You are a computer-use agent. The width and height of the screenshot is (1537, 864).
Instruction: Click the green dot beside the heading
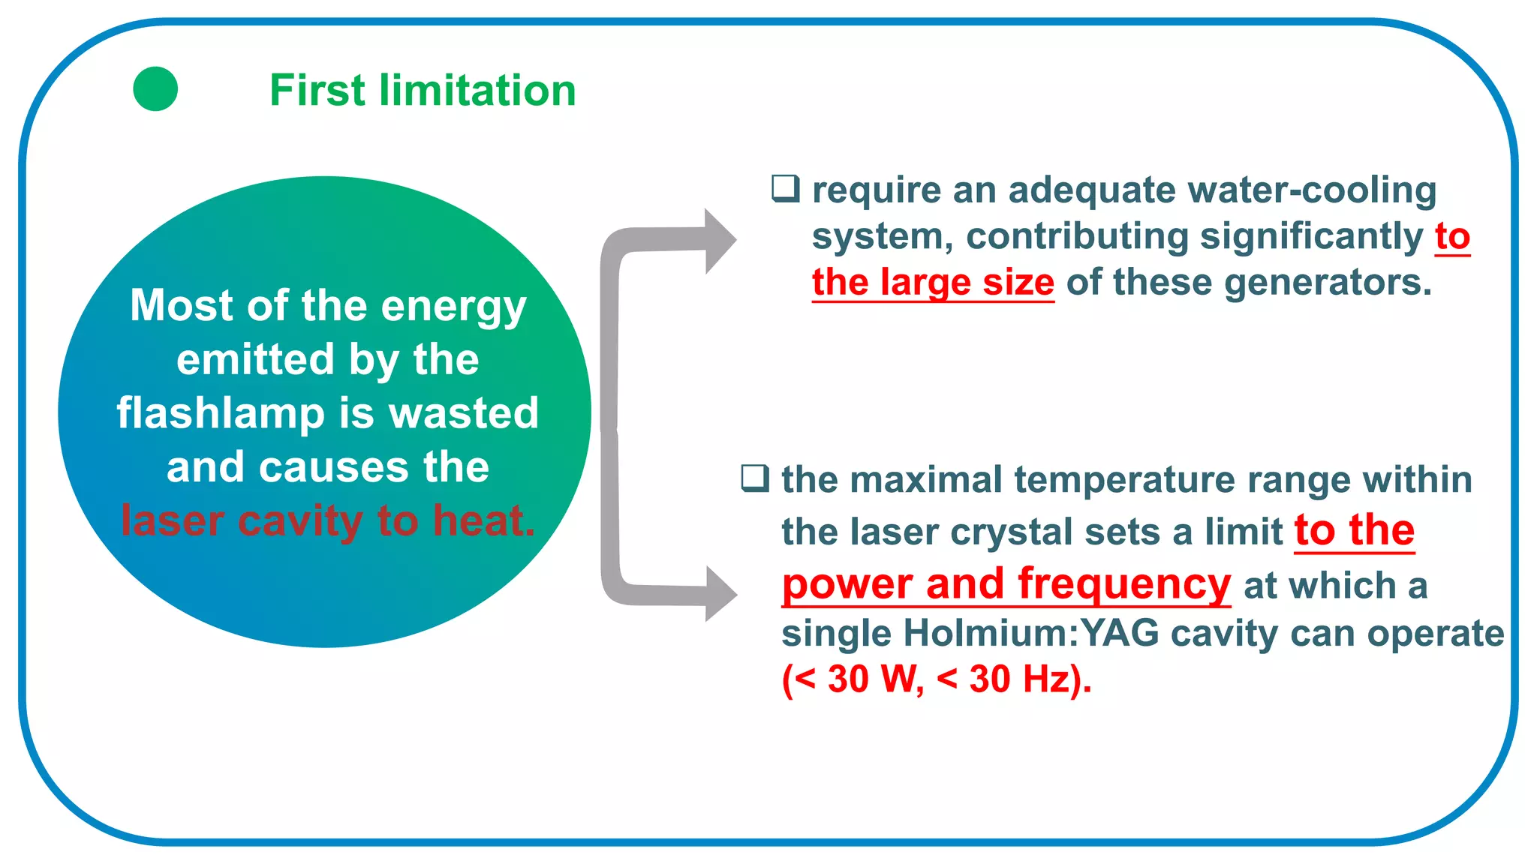[155, 89]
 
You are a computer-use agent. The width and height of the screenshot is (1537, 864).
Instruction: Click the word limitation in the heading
[477, 91]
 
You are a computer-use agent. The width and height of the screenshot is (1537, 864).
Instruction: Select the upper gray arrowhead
[719, 241]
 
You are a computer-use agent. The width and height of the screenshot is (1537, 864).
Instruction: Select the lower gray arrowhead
[720, 594]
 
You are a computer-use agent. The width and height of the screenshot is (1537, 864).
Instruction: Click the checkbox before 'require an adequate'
[786, 188]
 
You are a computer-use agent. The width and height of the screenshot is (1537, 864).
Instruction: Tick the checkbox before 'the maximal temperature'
[755, 478]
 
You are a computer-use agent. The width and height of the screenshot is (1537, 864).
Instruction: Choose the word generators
[1328, 283]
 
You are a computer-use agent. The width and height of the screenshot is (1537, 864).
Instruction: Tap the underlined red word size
[1018, 283]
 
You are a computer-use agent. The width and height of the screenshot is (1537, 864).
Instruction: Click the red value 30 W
[872, 679]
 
